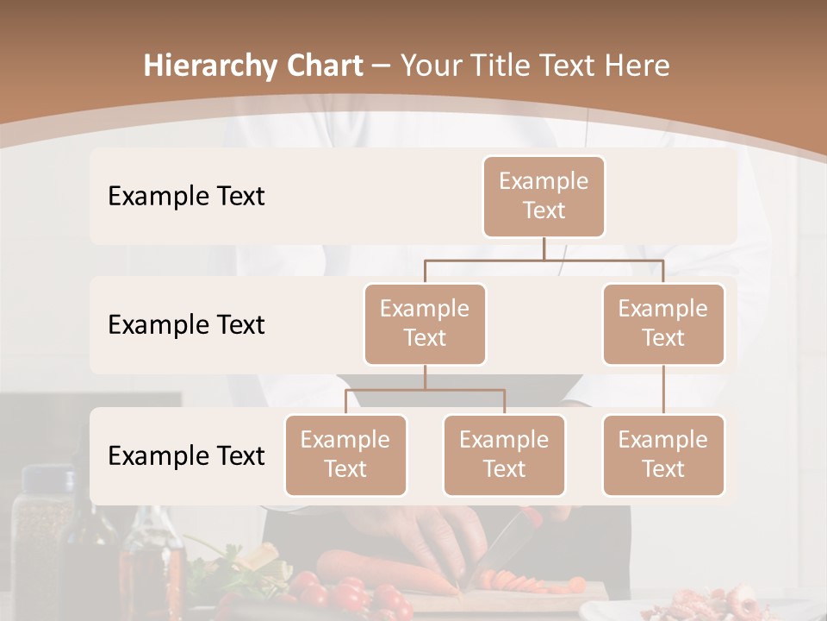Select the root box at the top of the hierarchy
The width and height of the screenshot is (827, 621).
(544, 196)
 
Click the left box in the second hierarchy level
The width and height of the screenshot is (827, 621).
(425, 323)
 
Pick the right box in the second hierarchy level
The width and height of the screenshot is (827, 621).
(663, 323)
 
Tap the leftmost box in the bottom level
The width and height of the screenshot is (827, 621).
(345, 455)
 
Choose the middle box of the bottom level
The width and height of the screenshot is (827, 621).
(504, 455)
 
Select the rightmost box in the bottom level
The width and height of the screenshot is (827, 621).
(663, 455)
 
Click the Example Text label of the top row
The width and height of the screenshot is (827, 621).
(186, 197)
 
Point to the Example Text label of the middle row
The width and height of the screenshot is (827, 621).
(186, 325)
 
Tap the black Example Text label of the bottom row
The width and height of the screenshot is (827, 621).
(186, 455)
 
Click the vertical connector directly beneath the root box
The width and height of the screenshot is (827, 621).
(544, 248)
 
